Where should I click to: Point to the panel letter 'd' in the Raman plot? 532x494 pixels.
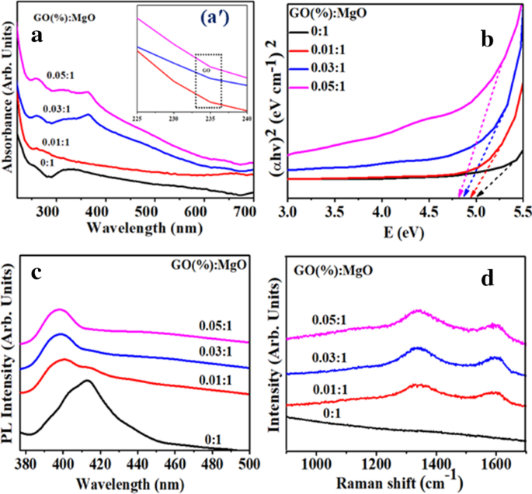[487, 277]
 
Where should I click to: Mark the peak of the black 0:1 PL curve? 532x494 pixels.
[87, 380]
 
